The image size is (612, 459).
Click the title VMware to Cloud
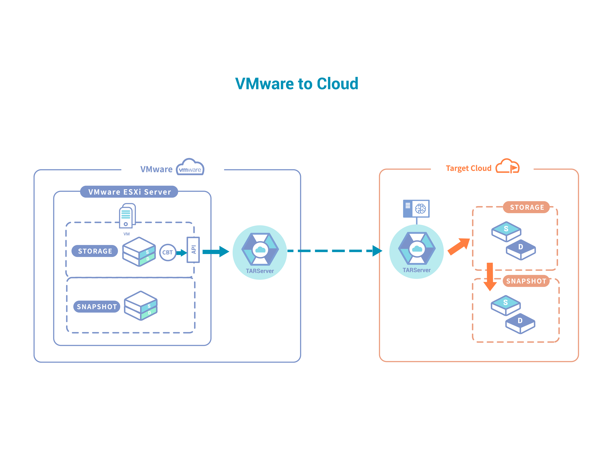coord(297,84)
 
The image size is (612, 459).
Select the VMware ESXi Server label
coord(129,192)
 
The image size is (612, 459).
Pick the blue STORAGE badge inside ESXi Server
coord(95,251)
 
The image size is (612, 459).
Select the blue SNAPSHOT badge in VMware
coord(97,307)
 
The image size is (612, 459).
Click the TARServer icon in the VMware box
coord(260,250)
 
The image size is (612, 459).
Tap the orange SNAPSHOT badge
coord(526,281)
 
